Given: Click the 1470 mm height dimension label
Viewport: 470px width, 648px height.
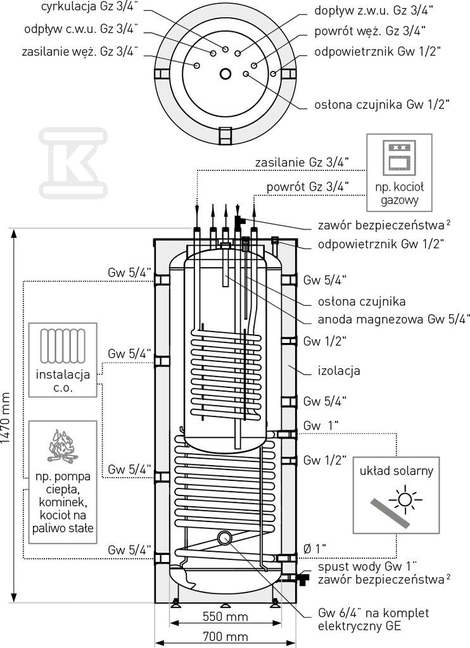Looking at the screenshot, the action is click(x=6, y=418).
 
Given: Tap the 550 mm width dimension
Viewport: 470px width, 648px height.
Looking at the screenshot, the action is click(x=225, y=617).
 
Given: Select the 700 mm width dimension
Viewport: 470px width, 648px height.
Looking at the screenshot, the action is click(x=225, y=637).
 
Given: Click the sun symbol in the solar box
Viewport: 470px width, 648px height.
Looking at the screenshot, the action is click(x=405, y=500).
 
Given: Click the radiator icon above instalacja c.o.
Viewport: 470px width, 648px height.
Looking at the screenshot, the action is click(x=63, y=346).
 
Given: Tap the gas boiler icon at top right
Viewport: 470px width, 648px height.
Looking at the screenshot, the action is click(x=399, y=158).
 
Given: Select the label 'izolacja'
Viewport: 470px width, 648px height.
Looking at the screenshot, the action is click(x=339, y=371).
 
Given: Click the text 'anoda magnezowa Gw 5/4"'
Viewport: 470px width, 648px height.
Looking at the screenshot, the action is click(x=394, y=320).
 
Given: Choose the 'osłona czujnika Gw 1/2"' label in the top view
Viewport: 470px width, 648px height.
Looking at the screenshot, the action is click(x=381, y=104).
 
